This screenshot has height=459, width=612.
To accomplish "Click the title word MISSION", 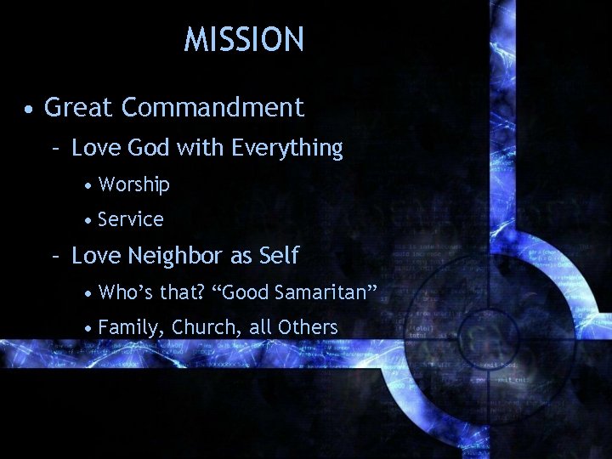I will click(244, 40).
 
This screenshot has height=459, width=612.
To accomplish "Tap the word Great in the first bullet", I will click(79, 108).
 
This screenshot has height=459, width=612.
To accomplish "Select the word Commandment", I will click(212, 108).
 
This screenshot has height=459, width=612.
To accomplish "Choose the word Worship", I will click(134, 184).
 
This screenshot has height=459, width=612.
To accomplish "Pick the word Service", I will click(131, 219).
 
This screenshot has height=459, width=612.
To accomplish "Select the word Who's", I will click(124, 292).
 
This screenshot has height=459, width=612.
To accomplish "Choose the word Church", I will click(200, 327).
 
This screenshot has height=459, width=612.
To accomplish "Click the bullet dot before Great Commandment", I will click(30, 110).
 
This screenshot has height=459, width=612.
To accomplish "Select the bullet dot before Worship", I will click(88, 185).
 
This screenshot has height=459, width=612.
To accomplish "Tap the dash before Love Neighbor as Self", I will click(55, 256).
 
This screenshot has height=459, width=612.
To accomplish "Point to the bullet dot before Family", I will click(88, 328).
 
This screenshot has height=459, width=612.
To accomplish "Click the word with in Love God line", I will click(197, 148).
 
